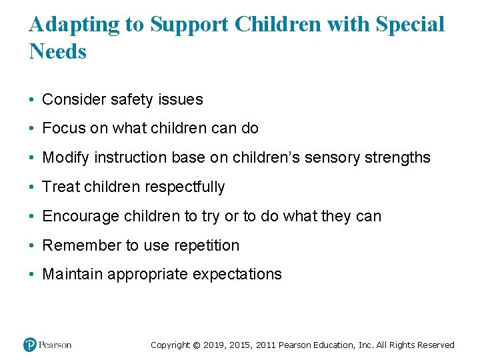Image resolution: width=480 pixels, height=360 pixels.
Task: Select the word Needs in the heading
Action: click(x=58, y=51)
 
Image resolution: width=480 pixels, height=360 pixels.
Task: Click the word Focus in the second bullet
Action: click(x=63, y=129)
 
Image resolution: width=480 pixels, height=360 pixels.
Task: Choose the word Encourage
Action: click(x=77, y=217)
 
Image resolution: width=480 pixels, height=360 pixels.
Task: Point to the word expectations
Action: click(x=239, y=275)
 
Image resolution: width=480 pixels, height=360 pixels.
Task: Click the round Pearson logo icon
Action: click(x=29, y=345)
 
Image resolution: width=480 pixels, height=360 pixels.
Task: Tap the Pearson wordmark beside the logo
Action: click(x=55, y=345)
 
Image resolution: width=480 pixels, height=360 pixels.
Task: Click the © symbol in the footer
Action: click(x=195, y=345)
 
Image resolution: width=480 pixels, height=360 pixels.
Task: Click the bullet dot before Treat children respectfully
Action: click(x=33, y=187)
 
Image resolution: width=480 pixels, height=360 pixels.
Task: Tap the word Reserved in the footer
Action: click(x=436, y=345)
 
